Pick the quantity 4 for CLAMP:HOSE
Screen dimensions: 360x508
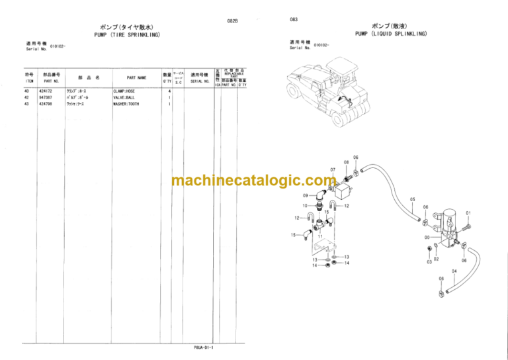point(169,91)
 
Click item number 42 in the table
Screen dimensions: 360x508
point(26,97)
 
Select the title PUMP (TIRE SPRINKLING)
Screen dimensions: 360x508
point(126,34)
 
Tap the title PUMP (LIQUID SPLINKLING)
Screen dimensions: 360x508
point(390,33)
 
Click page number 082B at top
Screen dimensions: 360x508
point(232,22)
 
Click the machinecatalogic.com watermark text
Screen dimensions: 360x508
point(254,180)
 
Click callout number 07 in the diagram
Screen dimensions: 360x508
point(333,169)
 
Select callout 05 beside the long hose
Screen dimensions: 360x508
point(412,199)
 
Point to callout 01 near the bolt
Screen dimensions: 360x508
point(468,213)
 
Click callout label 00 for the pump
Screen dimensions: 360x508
point(427,237)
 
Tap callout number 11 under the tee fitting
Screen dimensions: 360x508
point(320,236)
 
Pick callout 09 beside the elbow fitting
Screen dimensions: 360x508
point(305,196)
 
